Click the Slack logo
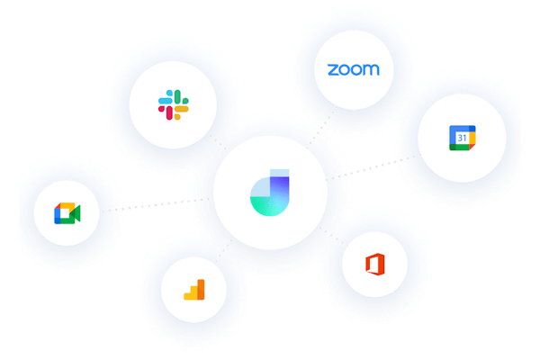pyautogui.click(x=175, y=103)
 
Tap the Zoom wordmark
pyautogui.click(x=354, y=69)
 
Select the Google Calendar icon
pyautogui.click(x=459, y=139)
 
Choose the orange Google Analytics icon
pyautogui.click(x=194, y=289)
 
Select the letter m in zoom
pyautogui.click(x=371, y=69)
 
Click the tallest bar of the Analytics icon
pyautogui.click(x=201, y=287)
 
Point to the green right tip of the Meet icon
pyautogui.click(x=77, y=213)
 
